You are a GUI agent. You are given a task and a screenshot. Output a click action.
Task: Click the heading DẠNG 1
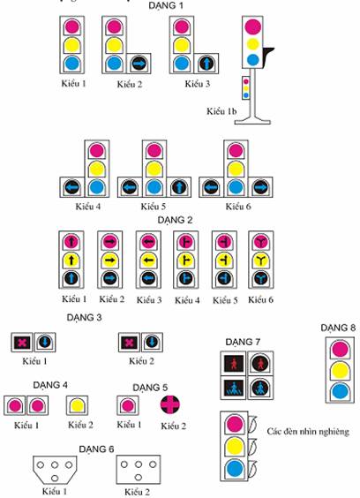[166, 5]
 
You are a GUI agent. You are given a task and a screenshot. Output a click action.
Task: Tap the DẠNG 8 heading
[338, 328]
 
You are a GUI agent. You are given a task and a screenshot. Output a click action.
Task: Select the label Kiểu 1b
[221, 111]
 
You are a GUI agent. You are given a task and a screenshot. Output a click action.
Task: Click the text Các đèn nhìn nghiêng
[308, 432]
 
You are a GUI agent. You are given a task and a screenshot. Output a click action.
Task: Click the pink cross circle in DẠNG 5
[170, 405]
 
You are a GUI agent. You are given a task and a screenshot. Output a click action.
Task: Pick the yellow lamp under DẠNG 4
[77, 405]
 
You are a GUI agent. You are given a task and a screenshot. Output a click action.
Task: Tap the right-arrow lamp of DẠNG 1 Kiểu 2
[139, 64]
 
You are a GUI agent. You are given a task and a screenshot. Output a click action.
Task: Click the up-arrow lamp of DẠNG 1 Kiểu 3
[206, 64]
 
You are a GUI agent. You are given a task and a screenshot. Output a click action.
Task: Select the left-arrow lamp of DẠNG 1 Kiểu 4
[71, 187]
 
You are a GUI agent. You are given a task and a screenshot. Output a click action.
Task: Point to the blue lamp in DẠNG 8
[340, 391]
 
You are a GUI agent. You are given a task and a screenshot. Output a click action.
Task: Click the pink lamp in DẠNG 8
[340, 349]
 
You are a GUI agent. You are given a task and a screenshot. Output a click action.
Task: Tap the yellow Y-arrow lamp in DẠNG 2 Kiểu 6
[261, 260]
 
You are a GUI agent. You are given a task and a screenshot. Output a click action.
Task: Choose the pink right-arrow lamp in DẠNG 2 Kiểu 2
[109, 242]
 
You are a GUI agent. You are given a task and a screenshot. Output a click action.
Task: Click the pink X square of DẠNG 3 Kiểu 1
[21, 343]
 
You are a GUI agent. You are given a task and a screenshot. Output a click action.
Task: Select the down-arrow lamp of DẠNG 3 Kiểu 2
[152, 343]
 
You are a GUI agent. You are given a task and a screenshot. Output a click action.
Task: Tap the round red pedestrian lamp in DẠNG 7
[260, 364]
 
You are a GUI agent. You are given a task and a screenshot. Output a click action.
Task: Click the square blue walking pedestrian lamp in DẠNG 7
[234, 389]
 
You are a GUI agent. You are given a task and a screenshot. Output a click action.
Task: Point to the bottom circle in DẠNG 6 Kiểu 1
[55, 478]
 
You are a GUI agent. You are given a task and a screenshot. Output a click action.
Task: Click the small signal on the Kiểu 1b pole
[245, 88]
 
